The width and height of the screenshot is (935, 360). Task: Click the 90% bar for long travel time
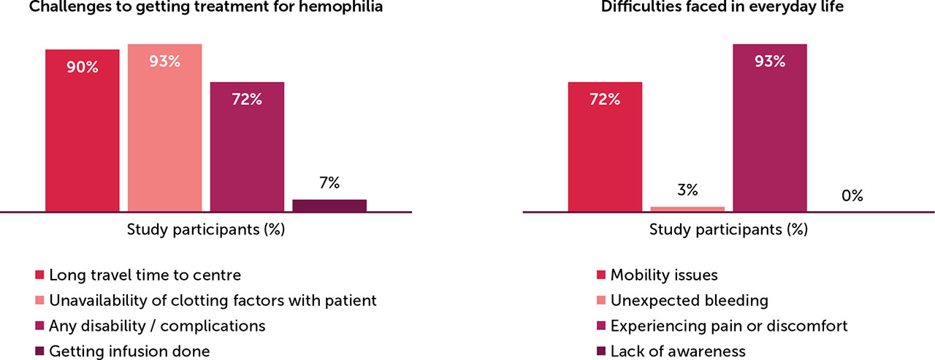pyautogui.click(x=82, y=131)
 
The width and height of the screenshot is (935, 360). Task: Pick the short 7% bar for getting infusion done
pyautogui.click(x=329, y=206)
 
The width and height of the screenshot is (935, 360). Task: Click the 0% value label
pyautogui.click(x=852, y=196)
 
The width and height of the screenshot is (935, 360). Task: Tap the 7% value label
pyautogui.click(x=329, y=184)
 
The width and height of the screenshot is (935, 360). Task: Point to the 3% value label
pyautogui.click(x=687, y=191)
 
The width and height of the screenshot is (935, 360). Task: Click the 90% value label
pyautogui.click(x=83, y=67)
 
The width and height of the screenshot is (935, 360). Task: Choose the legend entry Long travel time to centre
pyautogui.click(x=145, y=275)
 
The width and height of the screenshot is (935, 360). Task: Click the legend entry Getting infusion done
pyautogui.click(x=129, y=351)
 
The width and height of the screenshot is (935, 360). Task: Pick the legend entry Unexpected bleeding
pyautogui.click(x=690, y=301)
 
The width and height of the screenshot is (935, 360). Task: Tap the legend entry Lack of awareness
pyautogui.click(x=678, y=351)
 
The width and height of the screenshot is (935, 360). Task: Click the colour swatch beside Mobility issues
pyautogui.click(x=601, y=276)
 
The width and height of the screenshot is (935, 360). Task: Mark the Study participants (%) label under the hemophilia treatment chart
pyautogui.click(x=206, y=230)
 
